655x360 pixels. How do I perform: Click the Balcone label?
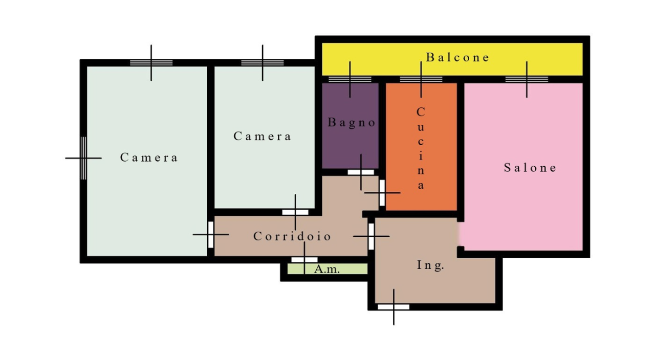(457, 57)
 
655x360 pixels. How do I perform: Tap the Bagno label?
(352, 122)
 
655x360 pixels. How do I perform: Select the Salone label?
(530, 168)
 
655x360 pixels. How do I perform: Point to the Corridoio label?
(292, 236)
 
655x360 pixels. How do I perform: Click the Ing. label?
(430, 265)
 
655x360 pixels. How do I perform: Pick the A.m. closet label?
(327, 269)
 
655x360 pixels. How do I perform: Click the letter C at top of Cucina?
(421, 112)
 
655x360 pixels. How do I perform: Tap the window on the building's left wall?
(83, 158)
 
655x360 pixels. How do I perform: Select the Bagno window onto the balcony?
(350, 79)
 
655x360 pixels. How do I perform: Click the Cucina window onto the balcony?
(421, 79)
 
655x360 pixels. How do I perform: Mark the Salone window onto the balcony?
(527, 79)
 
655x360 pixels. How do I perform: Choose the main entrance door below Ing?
(394, 307)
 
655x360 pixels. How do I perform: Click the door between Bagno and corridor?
(361, 172)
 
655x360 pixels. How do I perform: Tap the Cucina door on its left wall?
(382, 193)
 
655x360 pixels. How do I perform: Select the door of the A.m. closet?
(304, 260)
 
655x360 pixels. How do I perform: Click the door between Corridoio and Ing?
(371, 236)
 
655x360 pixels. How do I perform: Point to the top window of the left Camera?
(151, 63)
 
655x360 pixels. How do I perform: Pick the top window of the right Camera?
(263, 63)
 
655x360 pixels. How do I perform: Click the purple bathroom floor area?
(351, 143)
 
